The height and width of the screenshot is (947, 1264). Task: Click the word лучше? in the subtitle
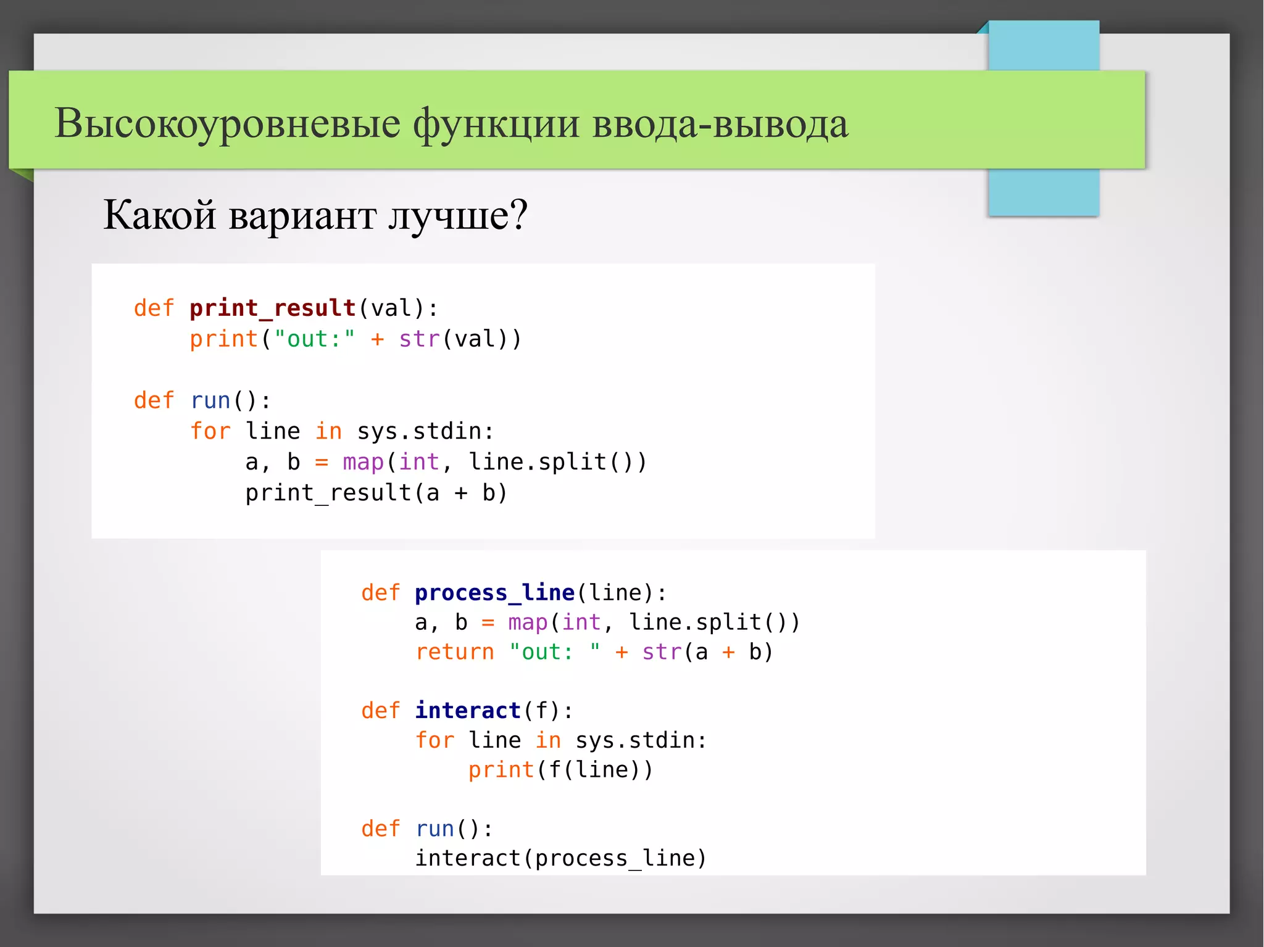coord(458,216)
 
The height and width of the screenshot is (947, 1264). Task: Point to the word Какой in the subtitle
coord(159,216)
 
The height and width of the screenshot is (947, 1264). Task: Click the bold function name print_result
coord(272,308)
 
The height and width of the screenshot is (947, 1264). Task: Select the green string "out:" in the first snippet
coord(314,339)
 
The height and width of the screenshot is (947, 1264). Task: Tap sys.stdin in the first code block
coord(425,431)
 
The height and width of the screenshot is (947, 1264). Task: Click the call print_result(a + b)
coord(376,493)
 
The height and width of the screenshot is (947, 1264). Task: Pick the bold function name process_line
coord(494,593)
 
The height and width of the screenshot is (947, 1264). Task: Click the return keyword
coord(455,652)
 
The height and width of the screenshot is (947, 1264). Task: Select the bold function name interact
coord(468,711)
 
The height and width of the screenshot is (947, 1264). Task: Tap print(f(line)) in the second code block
coord(560,770)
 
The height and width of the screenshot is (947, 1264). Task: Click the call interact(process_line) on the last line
coord(560,858)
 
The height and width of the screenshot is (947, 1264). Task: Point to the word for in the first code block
coord(210,431)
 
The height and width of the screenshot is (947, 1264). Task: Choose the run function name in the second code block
coord(434,829)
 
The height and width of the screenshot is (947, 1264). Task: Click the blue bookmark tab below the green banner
coord(1043,192)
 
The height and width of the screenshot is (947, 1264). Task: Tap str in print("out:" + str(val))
coord(419,339)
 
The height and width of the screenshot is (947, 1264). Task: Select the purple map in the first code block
coord(363,462)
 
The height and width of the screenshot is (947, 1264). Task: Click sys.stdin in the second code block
coord(640,740)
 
